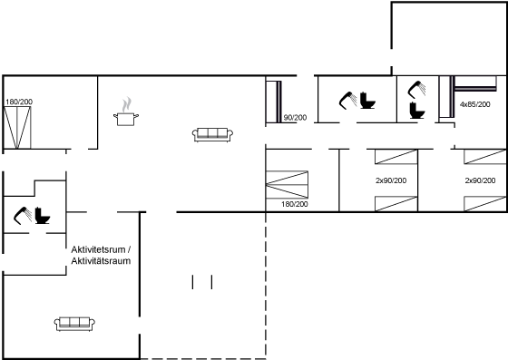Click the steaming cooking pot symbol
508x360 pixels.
126,112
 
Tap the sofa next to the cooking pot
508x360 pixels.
212,135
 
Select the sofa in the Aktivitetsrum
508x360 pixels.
74,324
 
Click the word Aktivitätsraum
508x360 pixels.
101,261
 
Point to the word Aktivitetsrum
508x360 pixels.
98,249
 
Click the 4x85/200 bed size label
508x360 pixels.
475,104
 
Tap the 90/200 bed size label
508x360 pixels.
295,118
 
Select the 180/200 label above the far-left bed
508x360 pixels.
19,102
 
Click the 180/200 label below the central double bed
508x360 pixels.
295,204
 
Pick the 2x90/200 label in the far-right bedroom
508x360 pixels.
480,180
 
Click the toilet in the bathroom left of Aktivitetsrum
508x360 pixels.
43,215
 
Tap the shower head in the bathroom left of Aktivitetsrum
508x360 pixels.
23,215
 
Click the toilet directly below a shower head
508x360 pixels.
417,110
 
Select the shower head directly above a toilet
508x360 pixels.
417,90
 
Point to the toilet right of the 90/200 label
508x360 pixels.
367,101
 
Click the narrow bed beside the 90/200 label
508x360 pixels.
274,102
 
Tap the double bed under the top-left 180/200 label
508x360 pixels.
17,128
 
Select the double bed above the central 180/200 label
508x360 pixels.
287,184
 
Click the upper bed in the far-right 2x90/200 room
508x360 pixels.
485,157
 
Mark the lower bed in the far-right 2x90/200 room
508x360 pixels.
485,204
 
